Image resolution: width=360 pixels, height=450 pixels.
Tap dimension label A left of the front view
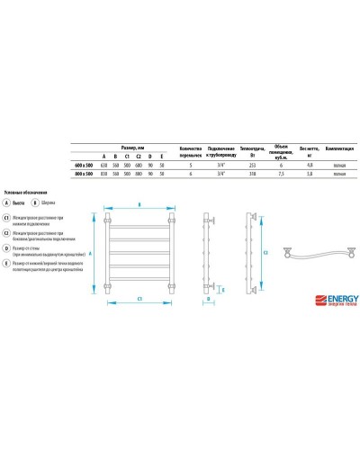[x=91, y=253]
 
